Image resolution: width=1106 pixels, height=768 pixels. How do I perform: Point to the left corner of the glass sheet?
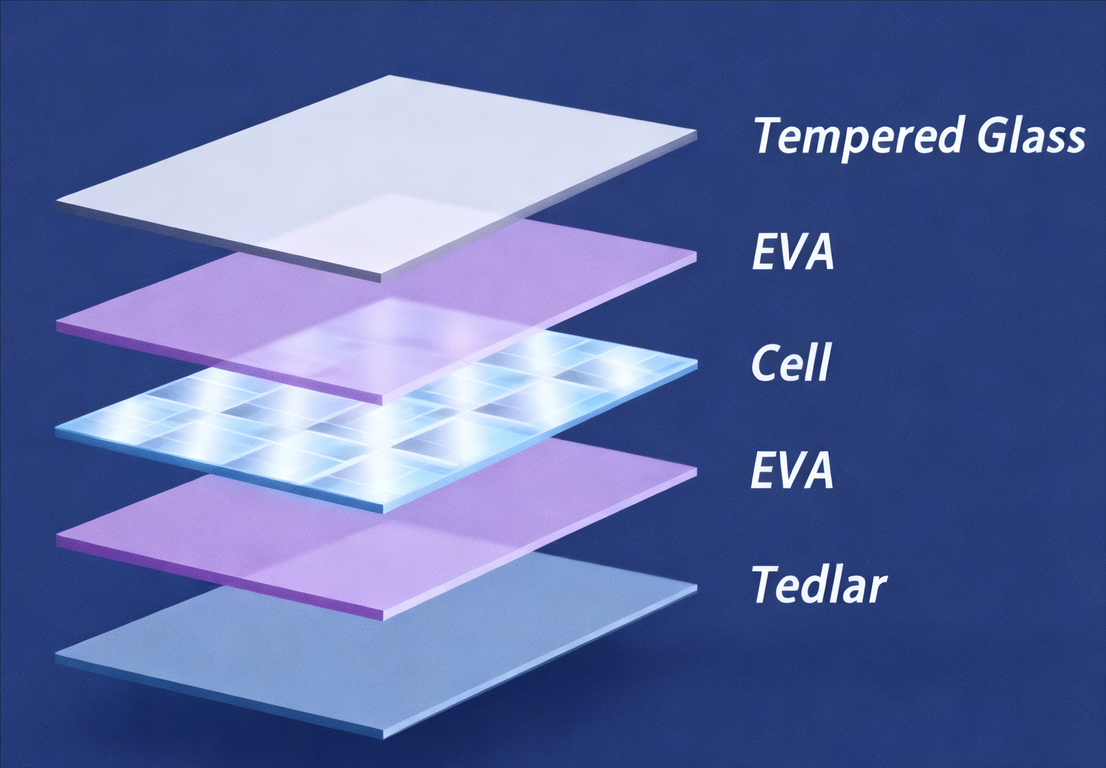pos(57,202)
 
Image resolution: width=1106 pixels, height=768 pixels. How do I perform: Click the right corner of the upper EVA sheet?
pos(697,252)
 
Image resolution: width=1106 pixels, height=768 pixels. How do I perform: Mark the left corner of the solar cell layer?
pos(56,428)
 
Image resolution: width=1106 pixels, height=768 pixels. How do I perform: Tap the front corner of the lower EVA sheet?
pos(381,616)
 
